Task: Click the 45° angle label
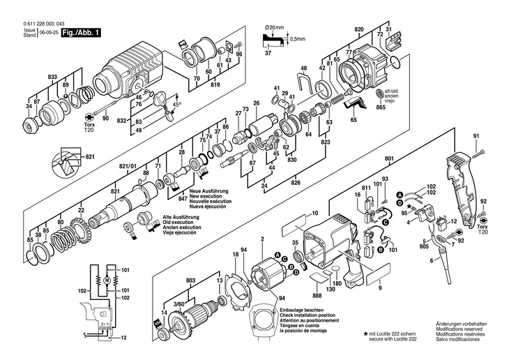pyautogui.click(x=178, y=104)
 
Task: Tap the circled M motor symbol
pyautogui.click(x=107, y=279)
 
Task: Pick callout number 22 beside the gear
pyautogui.click(x=82, y=210)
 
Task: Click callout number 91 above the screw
pyautogui.click(x=476, y=135)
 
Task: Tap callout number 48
pyautogui.click(x=304, y=68)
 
